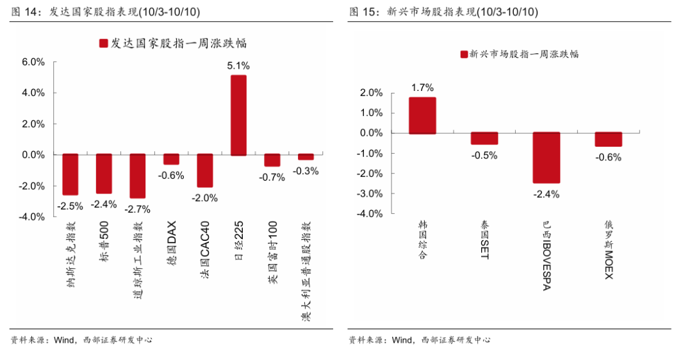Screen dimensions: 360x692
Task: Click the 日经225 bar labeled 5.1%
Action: coord(238,115)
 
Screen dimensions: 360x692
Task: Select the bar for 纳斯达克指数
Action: coord(70,174)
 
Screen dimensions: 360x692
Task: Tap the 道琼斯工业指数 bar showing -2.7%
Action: coord(137,176)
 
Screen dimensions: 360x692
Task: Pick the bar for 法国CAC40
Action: coord(204,170)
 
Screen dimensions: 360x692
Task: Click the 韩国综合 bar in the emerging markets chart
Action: coord(422,115)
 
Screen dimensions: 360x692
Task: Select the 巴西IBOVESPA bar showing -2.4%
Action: coord(546,158)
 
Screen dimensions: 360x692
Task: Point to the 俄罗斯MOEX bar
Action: coord(608,139)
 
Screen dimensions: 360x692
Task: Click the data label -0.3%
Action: coord(306,171)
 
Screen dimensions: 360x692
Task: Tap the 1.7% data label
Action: coord(422,88)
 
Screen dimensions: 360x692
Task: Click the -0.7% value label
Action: coord(272,177)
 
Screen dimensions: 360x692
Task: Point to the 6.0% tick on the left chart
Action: coord(33,62)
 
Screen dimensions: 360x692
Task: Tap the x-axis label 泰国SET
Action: coord(484,242)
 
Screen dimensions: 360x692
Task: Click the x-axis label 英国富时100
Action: coord(273,252)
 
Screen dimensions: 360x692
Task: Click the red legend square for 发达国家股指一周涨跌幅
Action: coord(103,44)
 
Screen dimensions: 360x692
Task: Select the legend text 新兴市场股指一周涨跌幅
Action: coord(524,54)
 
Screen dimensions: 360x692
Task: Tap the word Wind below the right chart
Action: coord(403,340)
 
